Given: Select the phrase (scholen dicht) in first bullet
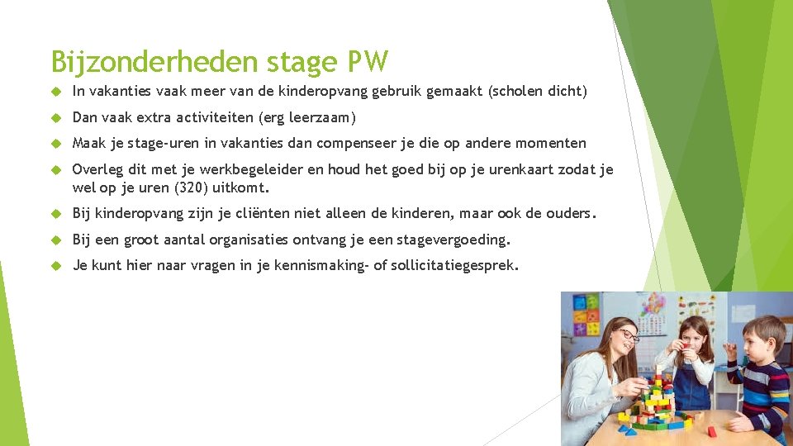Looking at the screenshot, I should [538, 92].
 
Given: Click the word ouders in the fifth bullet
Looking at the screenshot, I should [569, 213].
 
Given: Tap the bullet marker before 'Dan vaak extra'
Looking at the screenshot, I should [57, 118].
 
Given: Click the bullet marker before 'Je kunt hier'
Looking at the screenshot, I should [57, 267].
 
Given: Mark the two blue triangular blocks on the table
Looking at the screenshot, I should [627, 429].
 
